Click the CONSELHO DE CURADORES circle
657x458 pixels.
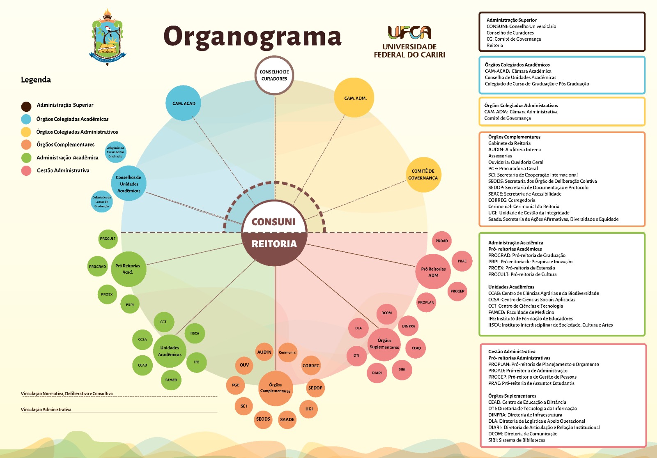pos(274,75)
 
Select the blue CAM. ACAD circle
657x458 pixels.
pos(184,103)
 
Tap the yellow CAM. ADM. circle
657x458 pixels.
pos(355,98)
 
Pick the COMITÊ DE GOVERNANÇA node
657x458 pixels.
pos(423,175)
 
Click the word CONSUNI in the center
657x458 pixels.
pos(273,222)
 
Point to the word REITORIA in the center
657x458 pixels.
pos(274,244)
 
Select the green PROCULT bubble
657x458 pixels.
pos(108,239)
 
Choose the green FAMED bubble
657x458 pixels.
pos(171,380)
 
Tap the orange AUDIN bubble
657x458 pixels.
pos(264,352)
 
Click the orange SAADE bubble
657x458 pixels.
pos(287,419)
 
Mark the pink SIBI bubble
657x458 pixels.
pos(402,369)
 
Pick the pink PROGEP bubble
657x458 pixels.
pos(457,291)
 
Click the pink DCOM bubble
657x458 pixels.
pos(386,313)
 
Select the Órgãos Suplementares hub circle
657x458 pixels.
pos(384,344)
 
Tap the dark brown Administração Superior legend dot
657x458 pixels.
pos(26,106)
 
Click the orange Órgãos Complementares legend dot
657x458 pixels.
pos(26,145)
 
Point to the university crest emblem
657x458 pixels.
pos(108,37)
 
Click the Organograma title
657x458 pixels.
pos(252,37)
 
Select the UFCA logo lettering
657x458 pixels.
pos(409,32)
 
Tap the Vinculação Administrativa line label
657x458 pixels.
pos(46,410)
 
